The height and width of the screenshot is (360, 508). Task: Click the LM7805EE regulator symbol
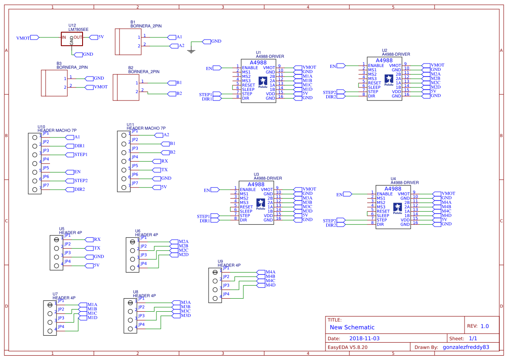[72, 38]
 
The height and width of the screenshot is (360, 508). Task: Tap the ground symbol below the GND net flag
[190, 51]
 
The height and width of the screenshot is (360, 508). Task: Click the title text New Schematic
[352, 327]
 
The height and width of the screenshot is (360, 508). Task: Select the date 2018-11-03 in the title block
[364, 338]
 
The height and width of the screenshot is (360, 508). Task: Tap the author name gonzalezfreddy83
[466, 347]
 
